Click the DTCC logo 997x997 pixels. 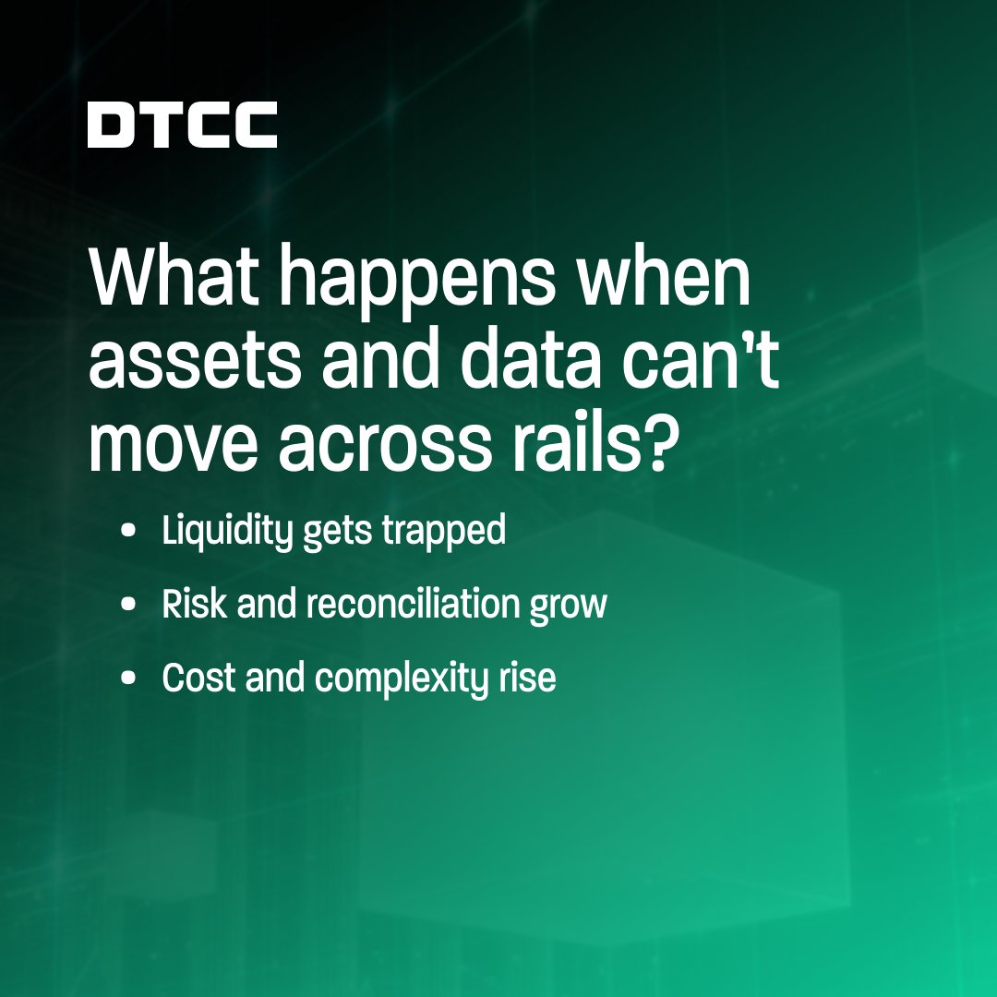(x=183, y=125)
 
